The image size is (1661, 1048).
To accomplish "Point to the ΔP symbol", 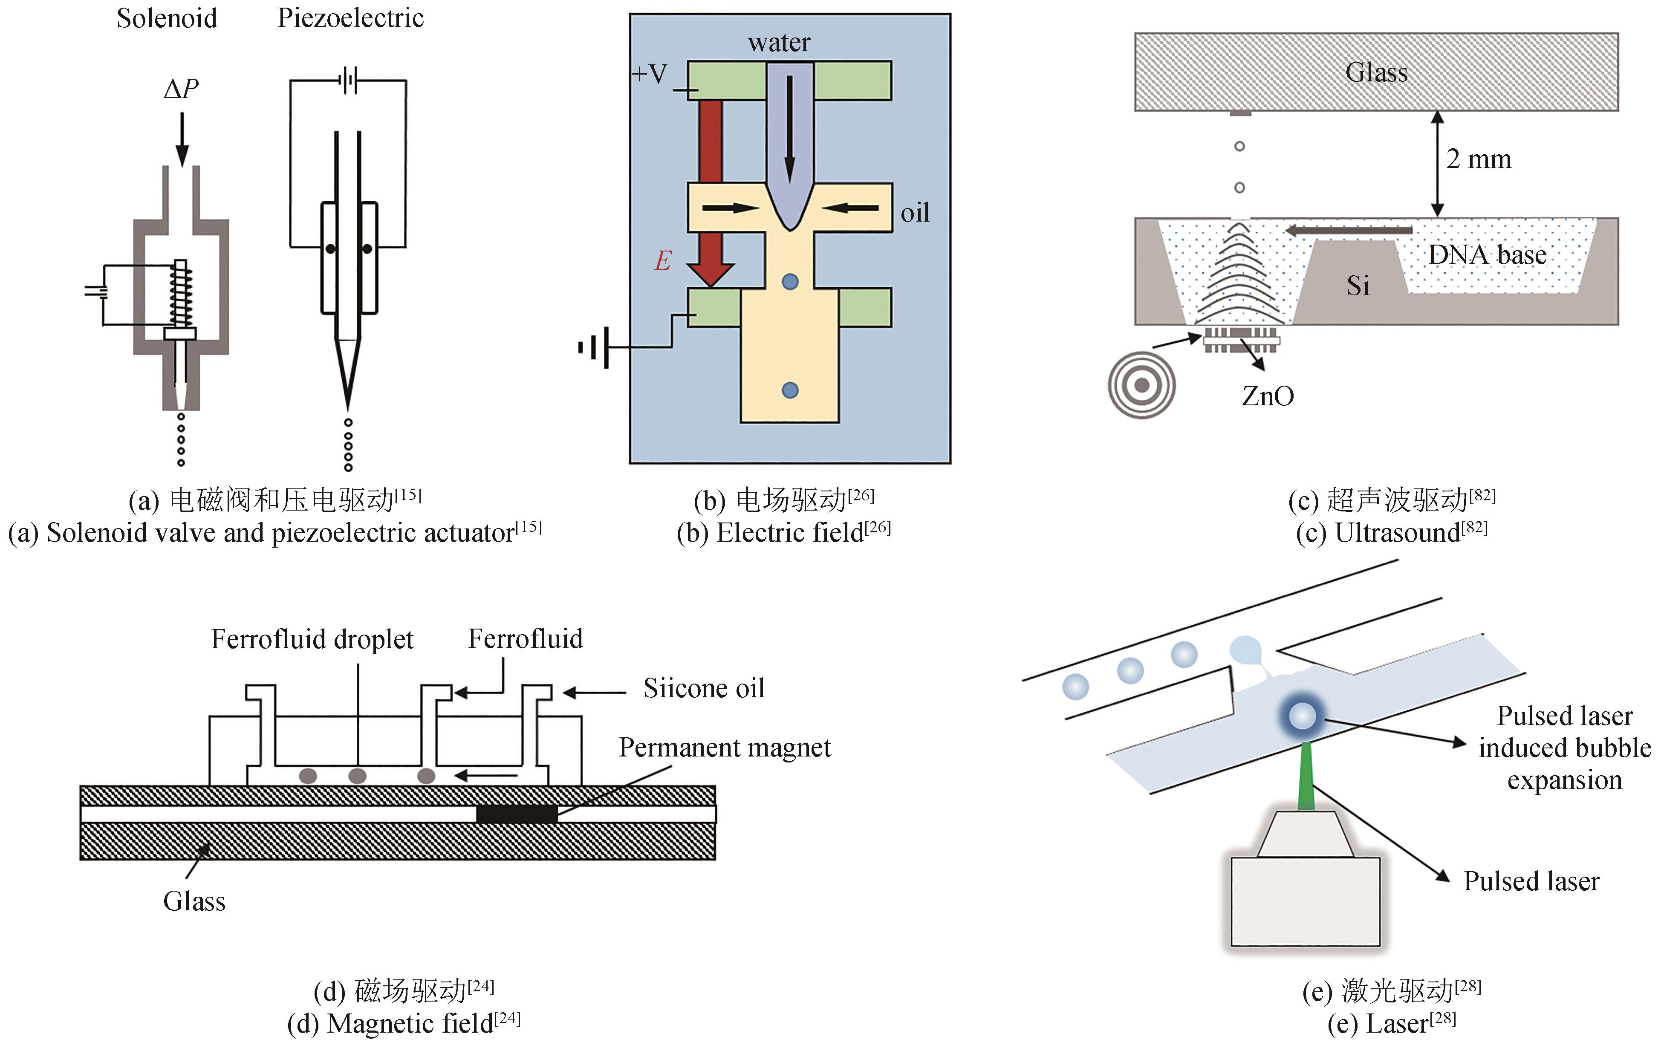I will [181, 88].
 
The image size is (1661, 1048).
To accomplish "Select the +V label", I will [649, 74].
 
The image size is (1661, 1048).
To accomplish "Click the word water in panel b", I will [779, 43].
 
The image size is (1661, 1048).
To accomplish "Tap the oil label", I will [915, 213].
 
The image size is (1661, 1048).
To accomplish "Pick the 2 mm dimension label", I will [1478, 159].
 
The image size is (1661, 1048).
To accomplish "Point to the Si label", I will [1358, 286].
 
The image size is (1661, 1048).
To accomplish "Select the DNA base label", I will [1487, 255].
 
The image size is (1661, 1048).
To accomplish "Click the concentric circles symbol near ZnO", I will [1141, 385].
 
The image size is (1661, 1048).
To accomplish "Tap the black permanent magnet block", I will [517, 814].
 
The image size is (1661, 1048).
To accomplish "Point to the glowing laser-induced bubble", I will [1302, 716].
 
